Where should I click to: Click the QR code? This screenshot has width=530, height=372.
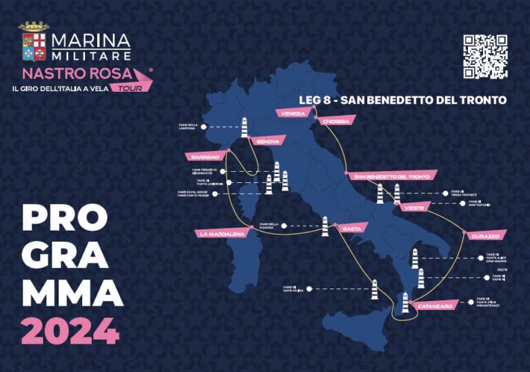[485, 57]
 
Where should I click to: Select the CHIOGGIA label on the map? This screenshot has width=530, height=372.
[336, 121]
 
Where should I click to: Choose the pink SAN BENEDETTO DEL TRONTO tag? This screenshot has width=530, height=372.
[391, 176]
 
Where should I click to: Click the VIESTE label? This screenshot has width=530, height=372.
[415, 206]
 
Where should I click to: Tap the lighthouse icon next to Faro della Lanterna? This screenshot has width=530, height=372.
[243, 127]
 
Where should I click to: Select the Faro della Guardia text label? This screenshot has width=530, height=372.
[268, 225]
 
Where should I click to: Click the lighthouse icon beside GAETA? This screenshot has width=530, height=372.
[324, 226]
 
